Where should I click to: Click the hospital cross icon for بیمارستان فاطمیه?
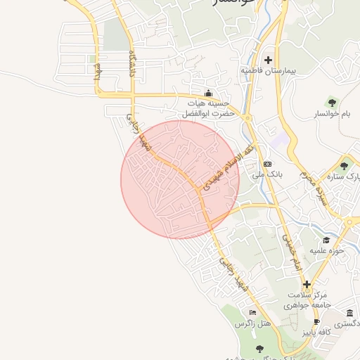(268, 60)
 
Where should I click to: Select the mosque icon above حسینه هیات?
(207, 94)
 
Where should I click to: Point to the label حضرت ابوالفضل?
(202, 113)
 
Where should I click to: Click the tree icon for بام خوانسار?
(332, 103)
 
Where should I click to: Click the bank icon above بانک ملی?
(267, 163)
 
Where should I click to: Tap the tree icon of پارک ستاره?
(343, 166)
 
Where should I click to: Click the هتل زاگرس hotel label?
(252, 323)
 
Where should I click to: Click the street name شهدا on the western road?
(101, 73)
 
